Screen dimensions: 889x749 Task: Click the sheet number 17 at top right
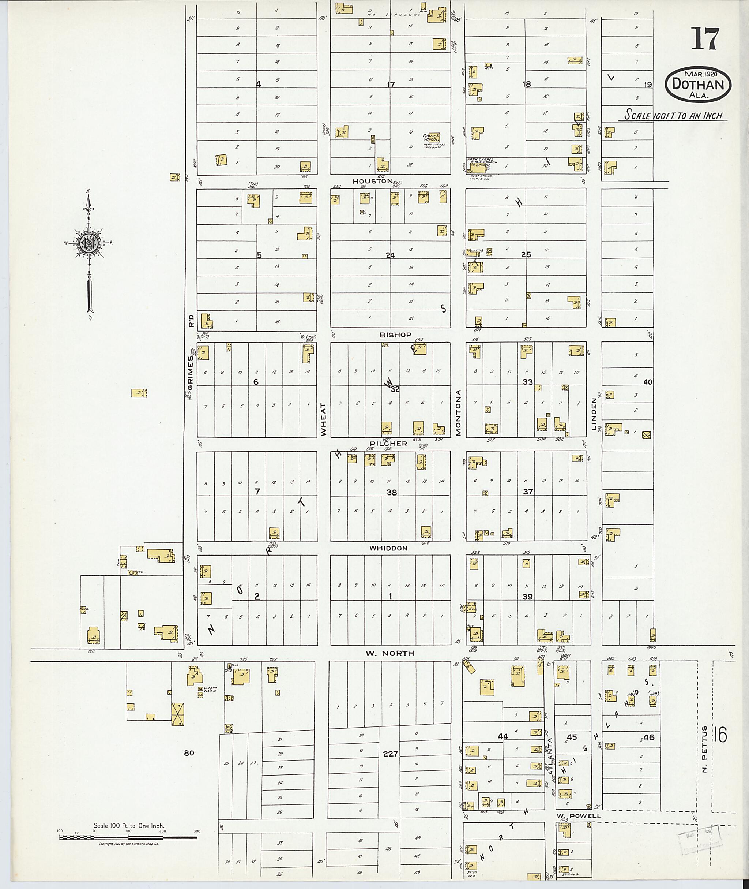tap(705, 39)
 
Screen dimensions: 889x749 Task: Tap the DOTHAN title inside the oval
tap(698, 84)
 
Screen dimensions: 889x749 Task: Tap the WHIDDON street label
tap(388, 548)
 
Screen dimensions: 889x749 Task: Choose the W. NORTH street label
tap(384, 653)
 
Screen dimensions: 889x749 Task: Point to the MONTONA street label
tap(459, 412)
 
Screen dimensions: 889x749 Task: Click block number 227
tap(390, 754)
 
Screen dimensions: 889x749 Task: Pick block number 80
tap(189, 753)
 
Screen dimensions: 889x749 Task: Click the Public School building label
tap(430, 138)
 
